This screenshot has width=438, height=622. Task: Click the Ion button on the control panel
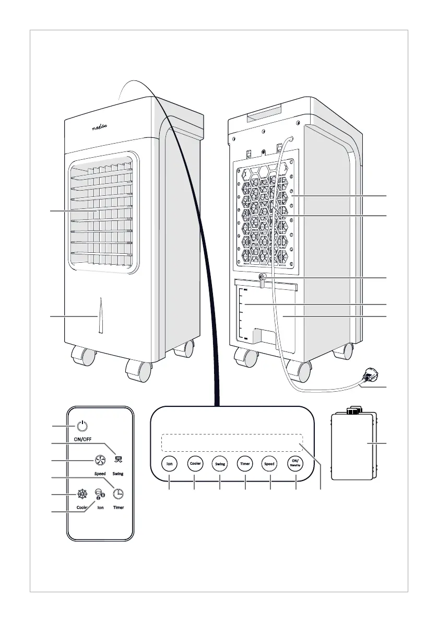click(x=170, y=463)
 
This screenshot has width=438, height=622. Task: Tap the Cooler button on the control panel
click(x=195, y=463)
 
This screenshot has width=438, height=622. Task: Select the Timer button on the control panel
click(x=245, y=463)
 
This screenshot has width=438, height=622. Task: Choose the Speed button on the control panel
click(x=270, y=463)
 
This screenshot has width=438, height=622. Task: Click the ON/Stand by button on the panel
click(x=295, y=463)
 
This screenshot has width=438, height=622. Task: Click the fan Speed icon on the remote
click(x=100, y=460)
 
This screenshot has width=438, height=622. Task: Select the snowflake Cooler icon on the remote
click(x=81, y=494)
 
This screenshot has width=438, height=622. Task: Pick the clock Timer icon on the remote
click(x=119, y=494)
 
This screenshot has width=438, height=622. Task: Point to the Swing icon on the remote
click(x=119, y=460)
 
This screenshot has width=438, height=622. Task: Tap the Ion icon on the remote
click(x=99, y=494)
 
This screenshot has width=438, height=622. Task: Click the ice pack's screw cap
click(x=354, y=410)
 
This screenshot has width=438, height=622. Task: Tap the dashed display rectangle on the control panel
click(x=232, y=442)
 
